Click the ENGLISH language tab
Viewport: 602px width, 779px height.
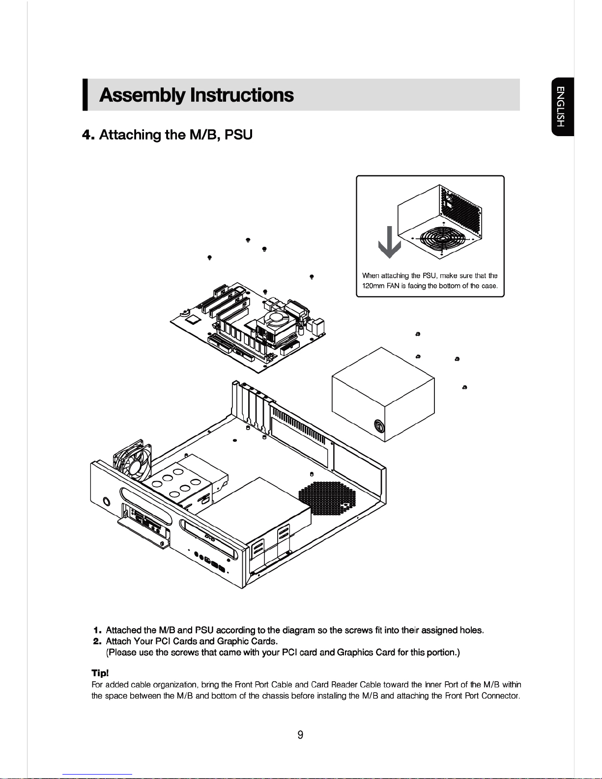pyautogui.click(x=563, y=107)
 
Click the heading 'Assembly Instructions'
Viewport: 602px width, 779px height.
pyautogui.click(x=197, y=95)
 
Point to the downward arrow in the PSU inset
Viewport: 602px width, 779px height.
pyautogui.click(x=390, y=242)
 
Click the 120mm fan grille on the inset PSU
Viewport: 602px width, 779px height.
pyautogui.click(x=443, y=238)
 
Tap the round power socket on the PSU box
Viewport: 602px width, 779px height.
pyautogui.click(x=379, y=426)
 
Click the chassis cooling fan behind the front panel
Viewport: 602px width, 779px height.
pyautogui.click(x=133, y=461)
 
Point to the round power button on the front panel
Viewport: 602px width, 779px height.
pyautogui.click(x=107, y=501)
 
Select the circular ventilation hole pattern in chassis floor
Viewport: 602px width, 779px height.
pyautogui.click(x=327, y=499)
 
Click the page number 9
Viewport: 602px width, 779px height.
pyautogui.click(x=300, y=735)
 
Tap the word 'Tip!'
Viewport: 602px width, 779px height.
pyautogui.click(x=100, y=673)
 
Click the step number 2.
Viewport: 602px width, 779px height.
pyautogui.click(x=97, y=641)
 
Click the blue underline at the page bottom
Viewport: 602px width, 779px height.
pyautogui.click(x=97, y=775)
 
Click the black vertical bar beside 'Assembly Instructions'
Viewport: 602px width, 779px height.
pyautogui.click(x=85, y=95)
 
